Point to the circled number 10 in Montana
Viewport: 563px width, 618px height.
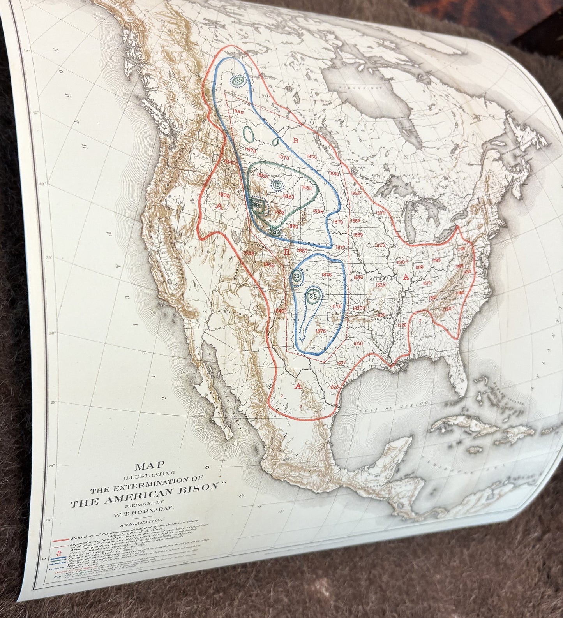[x=277, y=186]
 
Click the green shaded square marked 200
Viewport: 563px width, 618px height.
[x=257, y=205]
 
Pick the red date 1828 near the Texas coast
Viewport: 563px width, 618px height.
[x=334, y=387]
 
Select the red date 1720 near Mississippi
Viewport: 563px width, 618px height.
[x=402, y=324]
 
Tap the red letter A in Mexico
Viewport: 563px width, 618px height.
[x=298, y=386]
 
